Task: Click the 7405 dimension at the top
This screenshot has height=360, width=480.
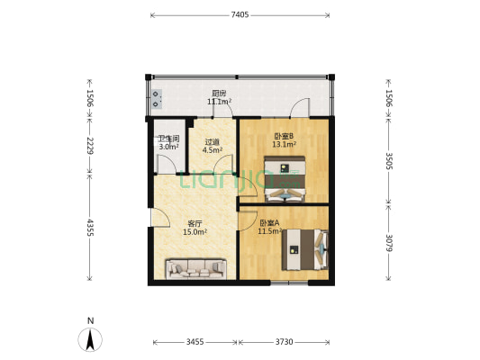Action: pyautogui.click(x=240, y=15)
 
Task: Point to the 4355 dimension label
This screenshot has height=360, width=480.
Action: pyautogui.click(x=88, y=228)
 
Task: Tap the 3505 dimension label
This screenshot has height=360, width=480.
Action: pyautogui.click(x=389, y=160)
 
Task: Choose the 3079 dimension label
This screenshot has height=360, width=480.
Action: pyautogui.click(x=389, y=242)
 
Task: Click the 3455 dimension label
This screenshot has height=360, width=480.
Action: pyautogui.click(x=195, y=342)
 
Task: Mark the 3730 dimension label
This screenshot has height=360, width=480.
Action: pyautogui.click(x=284, y=342)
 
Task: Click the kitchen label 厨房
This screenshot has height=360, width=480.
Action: pyautogui.click(x=219, y=94)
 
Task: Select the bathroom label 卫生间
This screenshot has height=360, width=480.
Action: pyautogui.click(x=168, y=139)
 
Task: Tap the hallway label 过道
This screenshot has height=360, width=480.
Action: pyautogui.click(x=213, y=141)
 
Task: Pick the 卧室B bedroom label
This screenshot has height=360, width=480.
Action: pyautogui.click(x=284, y=137)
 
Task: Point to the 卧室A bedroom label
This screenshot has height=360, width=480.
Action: pyautogui.click(x=269, y=222)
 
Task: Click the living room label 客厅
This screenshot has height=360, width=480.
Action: pyautogui.click(x=195, y=223)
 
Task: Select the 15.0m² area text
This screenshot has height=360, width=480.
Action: pyautogui.click(x=195, y=232)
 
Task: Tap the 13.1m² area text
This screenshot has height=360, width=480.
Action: pyautogui.click(x=284, y=146)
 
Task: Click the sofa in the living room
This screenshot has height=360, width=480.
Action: pyautogui.click(x=195, y=267)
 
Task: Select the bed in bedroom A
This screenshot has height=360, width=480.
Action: pyautogui.click(x=304, y=249)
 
